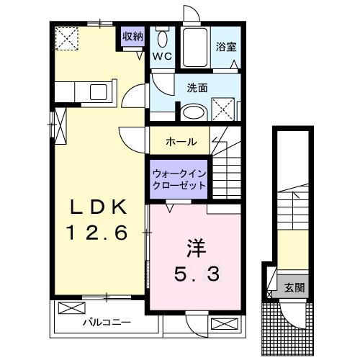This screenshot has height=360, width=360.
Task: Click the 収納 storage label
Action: pyautogui.click(x=132, y=35)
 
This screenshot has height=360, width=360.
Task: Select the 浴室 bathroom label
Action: pyautogui.click(x=226, y=47)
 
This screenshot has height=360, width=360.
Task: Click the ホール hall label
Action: pyautogui.click(x=181, y=141)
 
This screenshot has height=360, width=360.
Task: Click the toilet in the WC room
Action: pyautogui.click(x=163, y=40)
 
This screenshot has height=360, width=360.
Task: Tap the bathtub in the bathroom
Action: pyautogui.click(x=194, y=49)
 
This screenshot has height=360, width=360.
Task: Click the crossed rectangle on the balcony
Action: pyautogui.click(x=71, y=309)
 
